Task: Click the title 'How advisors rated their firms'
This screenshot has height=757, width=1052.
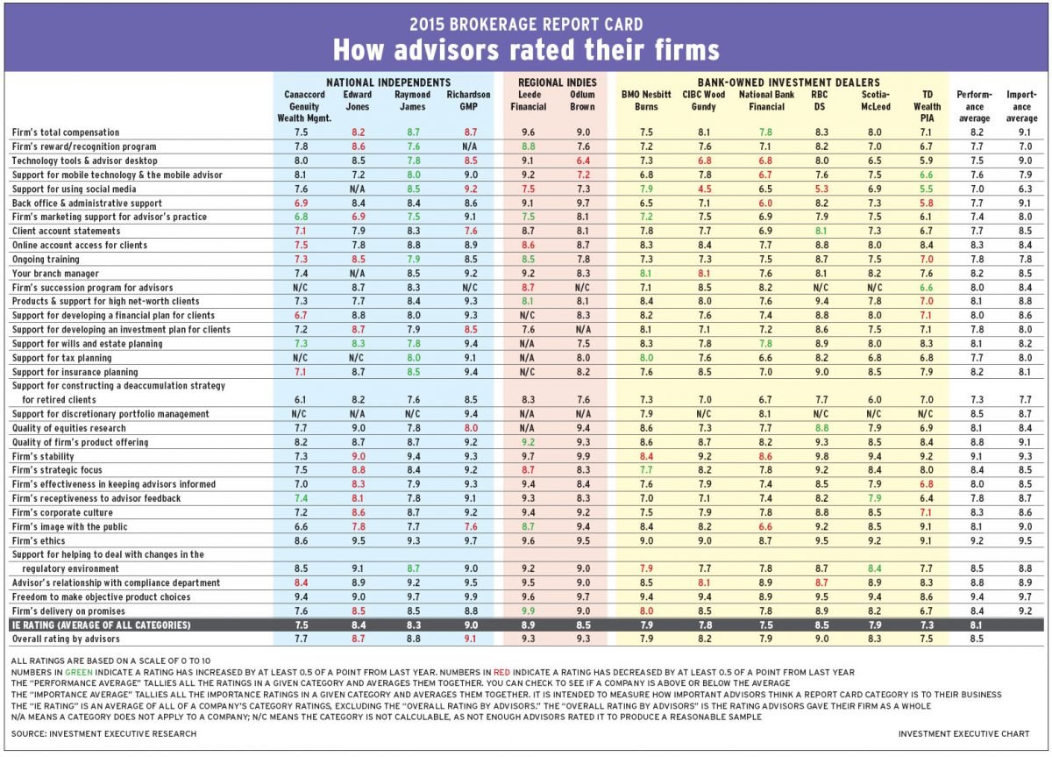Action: click(525, 47)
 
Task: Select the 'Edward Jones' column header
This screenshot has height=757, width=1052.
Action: click(358, 100)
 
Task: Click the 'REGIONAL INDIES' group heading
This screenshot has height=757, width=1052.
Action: click(554, 82)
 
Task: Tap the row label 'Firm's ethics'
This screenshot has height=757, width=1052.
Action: click(40, 540)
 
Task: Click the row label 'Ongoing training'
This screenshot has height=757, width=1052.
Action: click(46, 259)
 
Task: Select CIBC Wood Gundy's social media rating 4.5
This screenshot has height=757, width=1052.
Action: click(704, 189)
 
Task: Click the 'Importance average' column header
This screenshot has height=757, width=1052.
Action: click(1021, 105)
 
